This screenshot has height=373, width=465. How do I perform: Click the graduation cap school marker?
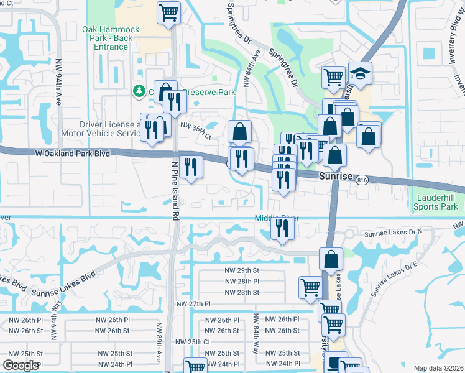click(360, 74)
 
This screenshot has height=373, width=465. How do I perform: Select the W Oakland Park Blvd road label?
click(72, 153)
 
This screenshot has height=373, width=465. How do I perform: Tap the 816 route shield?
click(362, 180)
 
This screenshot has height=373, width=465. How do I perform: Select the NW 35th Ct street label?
click(196, 125)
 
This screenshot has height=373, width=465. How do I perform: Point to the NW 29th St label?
click(242, 270)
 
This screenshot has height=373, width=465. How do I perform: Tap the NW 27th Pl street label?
click(194, 303)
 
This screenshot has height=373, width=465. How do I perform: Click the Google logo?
click(21, 366)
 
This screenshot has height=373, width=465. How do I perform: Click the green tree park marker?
click(139, 91)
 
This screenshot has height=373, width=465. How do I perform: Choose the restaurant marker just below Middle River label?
click(282, 229)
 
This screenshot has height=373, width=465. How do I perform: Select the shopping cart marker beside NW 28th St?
click(310, 287)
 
